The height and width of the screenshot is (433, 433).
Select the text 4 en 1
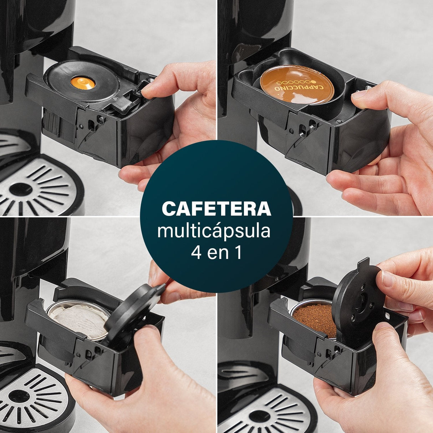216,253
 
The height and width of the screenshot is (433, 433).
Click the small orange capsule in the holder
83,83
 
